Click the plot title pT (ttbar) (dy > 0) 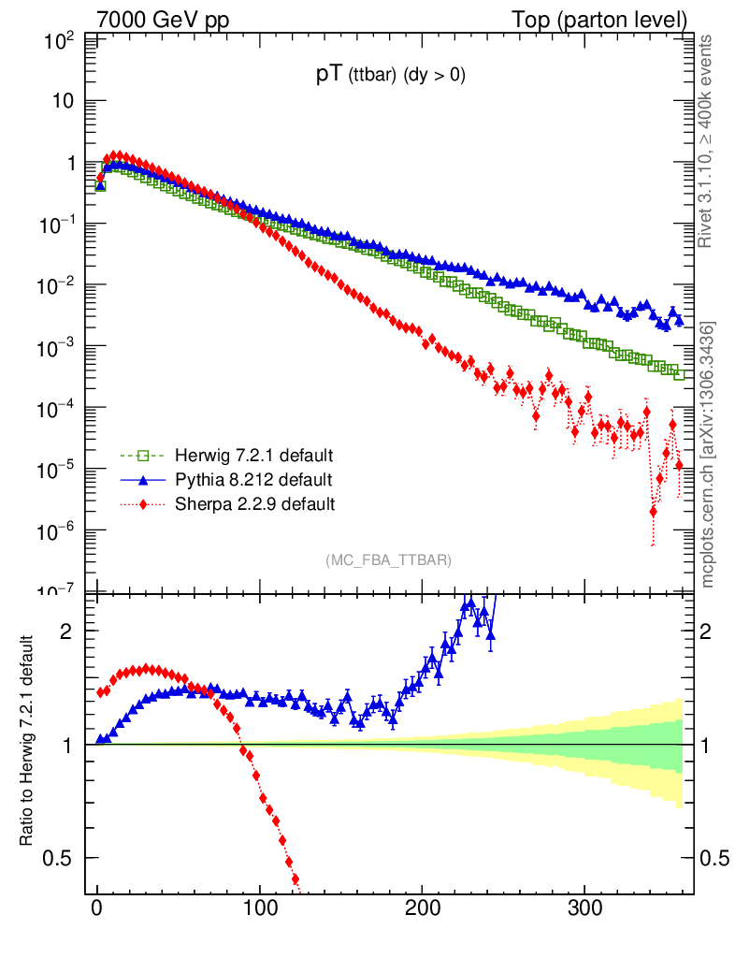[390, 78]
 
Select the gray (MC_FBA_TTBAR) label [389, 560]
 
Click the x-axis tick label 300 [584, 908]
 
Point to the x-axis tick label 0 [96, 908]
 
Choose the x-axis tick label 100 [259, 908]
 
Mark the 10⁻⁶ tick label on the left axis [59, 530]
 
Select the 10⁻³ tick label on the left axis [59, 347]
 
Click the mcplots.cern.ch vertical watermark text [708, 455]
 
